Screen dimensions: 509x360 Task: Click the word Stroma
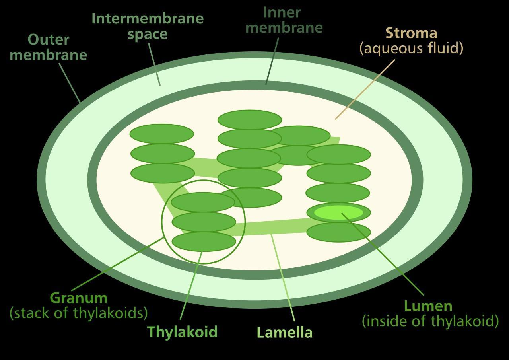click(411, 33)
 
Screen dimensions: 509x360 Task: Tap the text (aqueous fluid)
click(411, 49)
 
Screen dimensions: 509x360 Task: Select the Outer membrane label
click(49, 47)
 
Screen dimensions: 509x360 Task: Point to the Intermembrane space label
click(148, 26)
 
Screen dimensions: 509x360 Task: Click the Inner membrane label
click(284, 20)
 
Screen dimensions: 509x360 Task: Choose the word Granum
click(78, 298)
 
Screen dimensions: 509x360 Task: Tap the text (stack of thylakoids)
click(79, 313)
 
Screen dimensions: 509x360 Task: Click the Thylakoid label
click(183, 332)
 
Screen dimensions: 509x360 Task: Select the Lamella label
click(284, 333)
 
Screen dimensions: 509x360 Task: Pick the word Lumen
click(428, 306)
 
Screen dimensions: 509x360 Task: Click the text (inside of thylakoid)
click(430, 321)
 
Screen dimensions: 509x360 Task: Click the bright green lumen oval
click(338, 212)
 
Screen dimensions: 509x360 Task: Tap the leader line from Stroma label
click(365, 90)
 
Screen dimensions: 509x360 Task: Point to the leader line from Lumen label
click(383, 254)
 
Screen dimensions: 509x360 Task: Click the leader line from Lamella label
click(283, 278)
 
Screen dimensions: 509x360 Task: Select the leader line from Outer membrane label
click(70, 83)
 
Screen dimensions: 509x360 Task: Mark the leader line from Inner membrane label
click(272, 61)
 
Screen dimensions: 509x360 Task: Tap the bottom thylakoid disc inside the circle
click(204, 241)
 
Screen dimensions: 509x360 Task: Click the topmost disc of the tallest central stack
click(250, 120)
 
